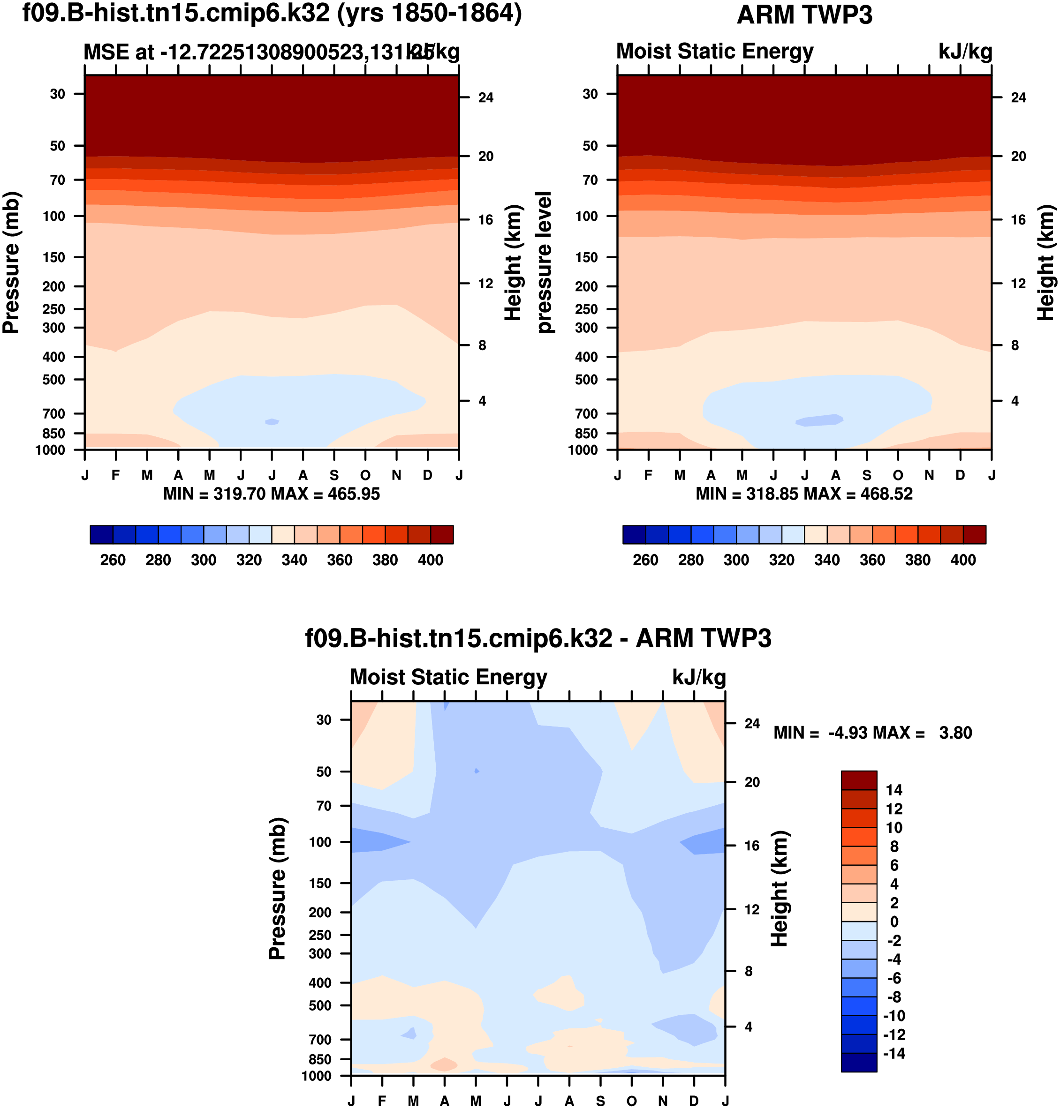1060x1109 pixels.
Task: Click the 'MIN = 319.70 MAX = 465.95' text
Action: click(x=271, y=494)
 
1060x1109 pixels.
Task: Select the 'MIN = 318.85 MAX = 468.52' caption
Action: click(x=804, y=494)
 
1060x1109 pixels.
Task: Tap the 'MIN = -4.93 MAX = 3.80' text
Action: click(x=872, y=733)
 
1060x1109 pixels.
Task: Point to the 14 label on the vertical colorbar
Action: click(x=894, y=790)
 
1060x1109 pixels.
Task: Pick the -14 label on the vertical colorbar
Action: click(x=893, y=1054)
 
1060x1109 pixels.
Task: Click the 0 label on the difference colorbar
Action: click(x=894, y=922)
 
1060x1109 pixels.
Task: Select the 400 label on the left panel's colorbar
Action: click(x=431, y=560)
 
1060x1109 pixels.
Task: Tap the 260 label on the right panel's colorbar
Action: click(x=645, y=560)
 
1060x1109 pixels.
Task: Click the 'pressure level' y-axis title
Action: click(x=544, y=262)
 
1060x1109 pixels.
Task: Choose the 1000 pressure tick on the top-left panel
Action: click(x=50, y=450)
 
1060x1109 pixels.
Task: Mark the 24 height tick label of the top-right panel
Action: click(x=1018, y=97)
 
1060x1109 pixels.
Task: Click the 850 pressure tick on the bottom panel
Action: click(x=320, y=1059)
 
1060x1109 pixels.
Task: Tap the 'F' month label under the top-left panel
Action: click(x=115, y=475)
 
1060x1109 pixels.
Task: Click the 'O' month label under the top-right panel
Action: click(x=898, y=475)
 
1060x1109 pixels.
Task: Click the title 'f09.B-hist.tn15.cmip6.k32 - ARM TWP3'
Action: click(x=538, y=638)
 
